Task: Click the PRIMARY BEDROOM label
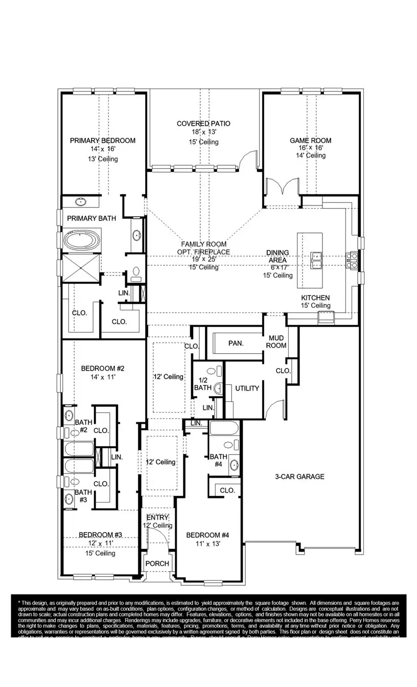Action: [x=102, y=141]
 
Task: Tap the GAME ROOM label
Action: [x=310, y=141]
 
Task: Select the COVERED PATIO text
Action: [x=203, y=124]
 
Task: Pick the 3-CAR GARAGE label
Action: [x=299, y=476]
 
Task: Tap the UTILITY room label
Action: [x=247, y=388]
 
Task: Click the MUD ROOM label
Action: [x=276, y=341]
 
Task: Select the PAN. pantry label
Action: [x=235, y=343]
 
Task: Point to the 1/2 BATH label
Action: [x=202, y=384]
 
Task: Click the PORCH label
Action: [x=157, y=563]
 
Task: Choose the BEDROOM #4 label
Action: [x=207, y=535]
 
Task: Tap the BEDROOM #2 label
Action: [x=102, y=368]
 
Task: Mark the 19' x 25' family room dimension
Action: [x=203, y=259]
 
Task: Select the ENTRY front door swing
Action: [x=158, y=539]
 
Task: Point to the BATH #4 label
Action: [x=218, y=460]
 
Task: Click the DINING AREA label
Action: [x=277, y=256]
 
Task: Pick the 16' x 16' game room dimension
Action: [x=310, y=148]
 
